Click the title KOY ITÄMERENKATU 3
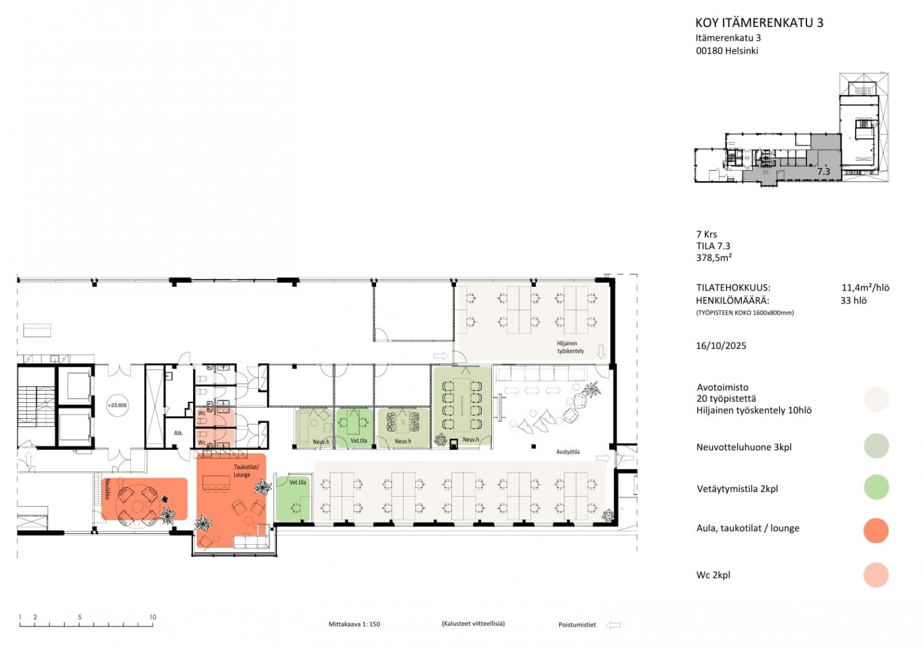click(759, 23)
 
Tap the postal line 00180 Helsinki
click(727, 51)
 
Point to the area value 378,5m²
click(714, 257)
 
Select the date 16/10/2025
click(721, 346)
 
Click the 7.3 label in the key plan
click(824, 171)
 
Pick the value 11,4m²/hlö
click(865, 287)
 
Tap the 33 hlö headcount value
click(853, 301)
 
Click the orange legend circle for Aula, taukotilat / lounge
click(876, 530)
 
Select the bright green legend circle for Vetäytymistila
click(877, 487)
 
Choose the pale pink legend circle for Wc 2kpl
click(876, 575)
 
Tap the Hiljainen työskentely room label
click(570, 347)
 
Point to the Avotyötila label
click(567, 451)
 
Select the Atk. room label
click(178, 433)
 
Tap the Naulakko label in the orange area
click(108, 489)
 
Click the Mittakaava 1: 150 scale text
click(354, 624)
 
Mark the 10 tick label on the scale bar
click(152, 617)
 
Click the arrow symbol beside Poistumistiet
click(613, 625)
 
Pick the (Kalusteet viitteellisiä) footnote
click(473, 623)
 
